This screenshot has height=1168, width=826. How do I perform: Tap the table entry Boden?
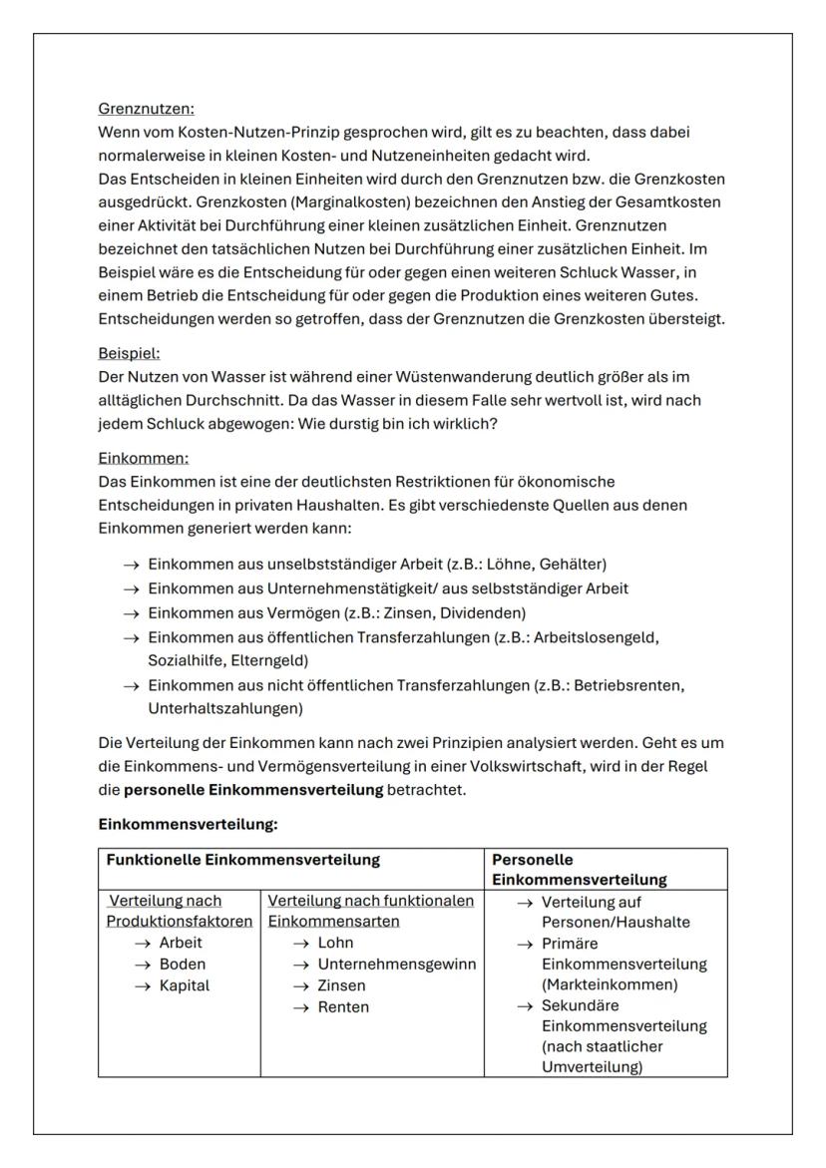tap(183, 965)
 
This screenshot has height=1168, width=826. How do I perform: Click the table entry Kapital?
tap(186, 985)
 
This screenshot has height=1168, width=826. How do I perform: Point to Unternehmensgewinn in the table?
tap(397, 965)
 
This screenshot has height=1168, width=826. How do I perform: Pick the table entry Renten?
tap(343, 1007)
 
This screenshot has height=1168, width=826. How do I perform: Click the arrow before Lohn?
tap(299, 944)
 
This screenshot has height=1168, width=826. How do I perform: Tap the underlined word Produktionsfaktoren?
tap(180, 922)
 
